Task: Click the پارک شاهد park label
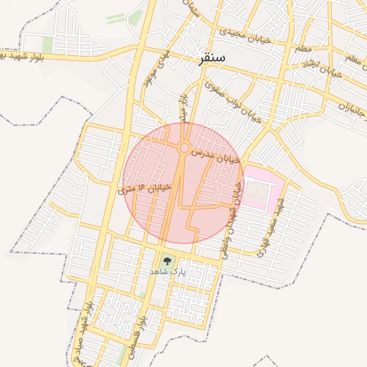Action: [167, 272]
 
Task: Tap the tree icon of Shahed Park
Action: [167, 261]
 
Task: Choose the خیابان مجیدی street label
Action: [245, 36]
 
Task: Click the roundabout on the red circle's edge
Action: [184, 148]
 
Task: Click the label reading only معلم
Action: [303, 49]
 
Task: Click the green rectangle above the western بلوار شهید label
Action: [48, 44]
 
